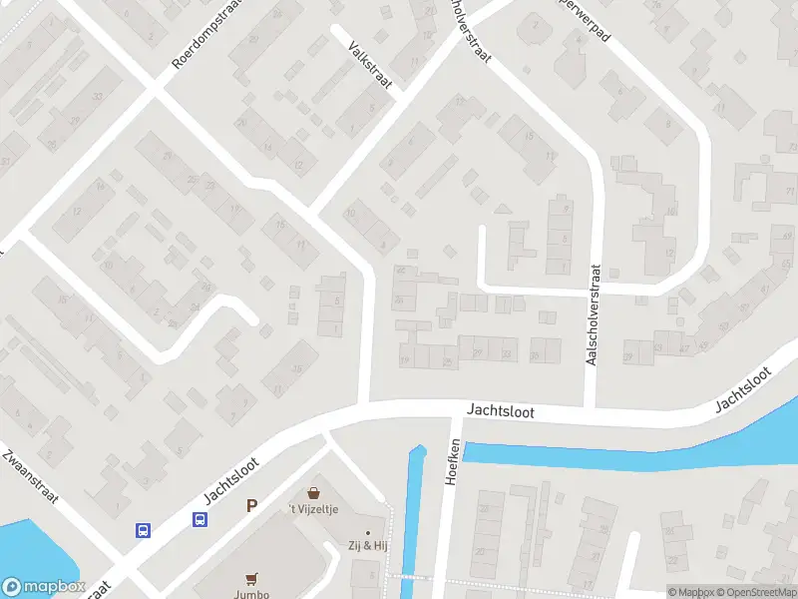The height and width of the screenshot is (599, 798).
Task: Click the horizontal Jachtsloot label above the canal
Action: click(x=502, y=411)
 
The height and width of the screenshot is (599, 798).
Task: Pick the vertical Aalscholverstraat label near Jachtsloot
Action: click(x=593, y=313)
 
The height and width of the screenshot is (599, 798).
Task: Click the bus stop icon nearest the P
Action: click(x=200, y=519)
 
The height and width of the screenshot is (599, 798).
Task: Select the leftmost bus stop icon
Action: click(x=144, y=530)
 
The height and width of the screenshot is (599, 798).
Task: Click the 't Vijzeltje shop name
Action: click(x=315, y=509)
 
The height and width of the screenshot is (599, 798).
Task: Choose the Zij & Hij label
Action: click(x=368, y=546)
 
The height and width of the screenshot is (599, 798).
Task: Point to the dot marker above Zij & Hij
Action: click(x=368, y=532)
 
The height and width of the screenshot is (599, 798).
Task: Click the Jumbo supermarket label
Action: click(x=251, y=591)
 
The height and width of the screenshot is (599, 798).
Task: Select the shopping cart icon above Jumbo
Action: click(x=251, y=577)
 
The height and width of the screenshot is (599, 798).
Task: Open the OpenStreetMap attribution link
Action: click(x=755, y=592)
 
